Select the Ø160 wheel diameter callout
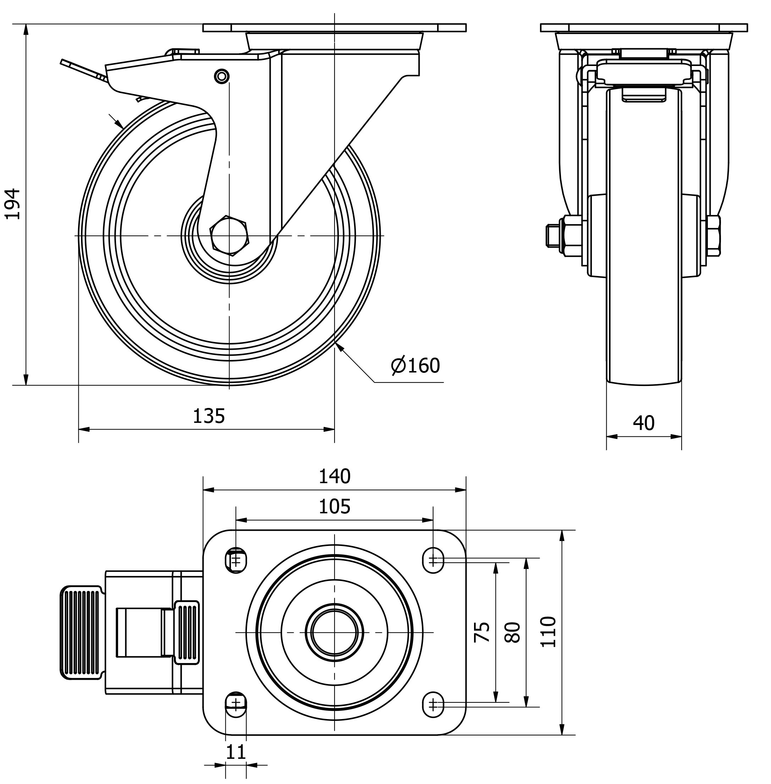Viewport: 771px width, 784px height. tap(415, 366)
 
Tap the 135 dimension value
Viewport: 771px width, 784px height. tap(209, 416)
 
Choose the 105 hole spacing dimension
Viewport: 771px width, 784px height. tap(335, 507)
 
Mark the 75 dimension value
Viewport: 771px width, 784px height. tap(482, 632)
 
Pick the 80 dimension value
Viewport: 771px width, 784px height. tap(513, 632)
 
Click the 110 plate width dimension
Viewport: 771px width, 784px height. tap(549, 632)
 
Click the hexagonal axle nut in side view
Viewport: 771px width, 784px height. tap(229, 236)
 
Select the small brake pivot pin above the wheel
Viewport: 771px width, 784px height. tap(221, 76)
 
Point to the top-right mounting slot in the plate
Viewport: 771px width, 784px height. tap(433, 561)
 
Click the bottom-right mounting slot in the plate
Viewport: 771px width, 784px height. tap(433, 705)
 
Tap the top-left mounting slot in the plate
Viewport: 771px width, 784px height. tap(236, 561)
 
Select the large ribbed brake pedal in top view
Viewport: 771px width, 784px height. tap(81, 632)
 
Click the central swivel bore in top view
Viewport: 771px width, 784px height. tap(335, 632)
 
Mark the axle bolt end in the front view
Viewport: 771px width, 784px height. tap(551, 236)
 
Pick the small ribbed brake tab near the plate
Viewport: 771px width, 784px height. tap(187, 632)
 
